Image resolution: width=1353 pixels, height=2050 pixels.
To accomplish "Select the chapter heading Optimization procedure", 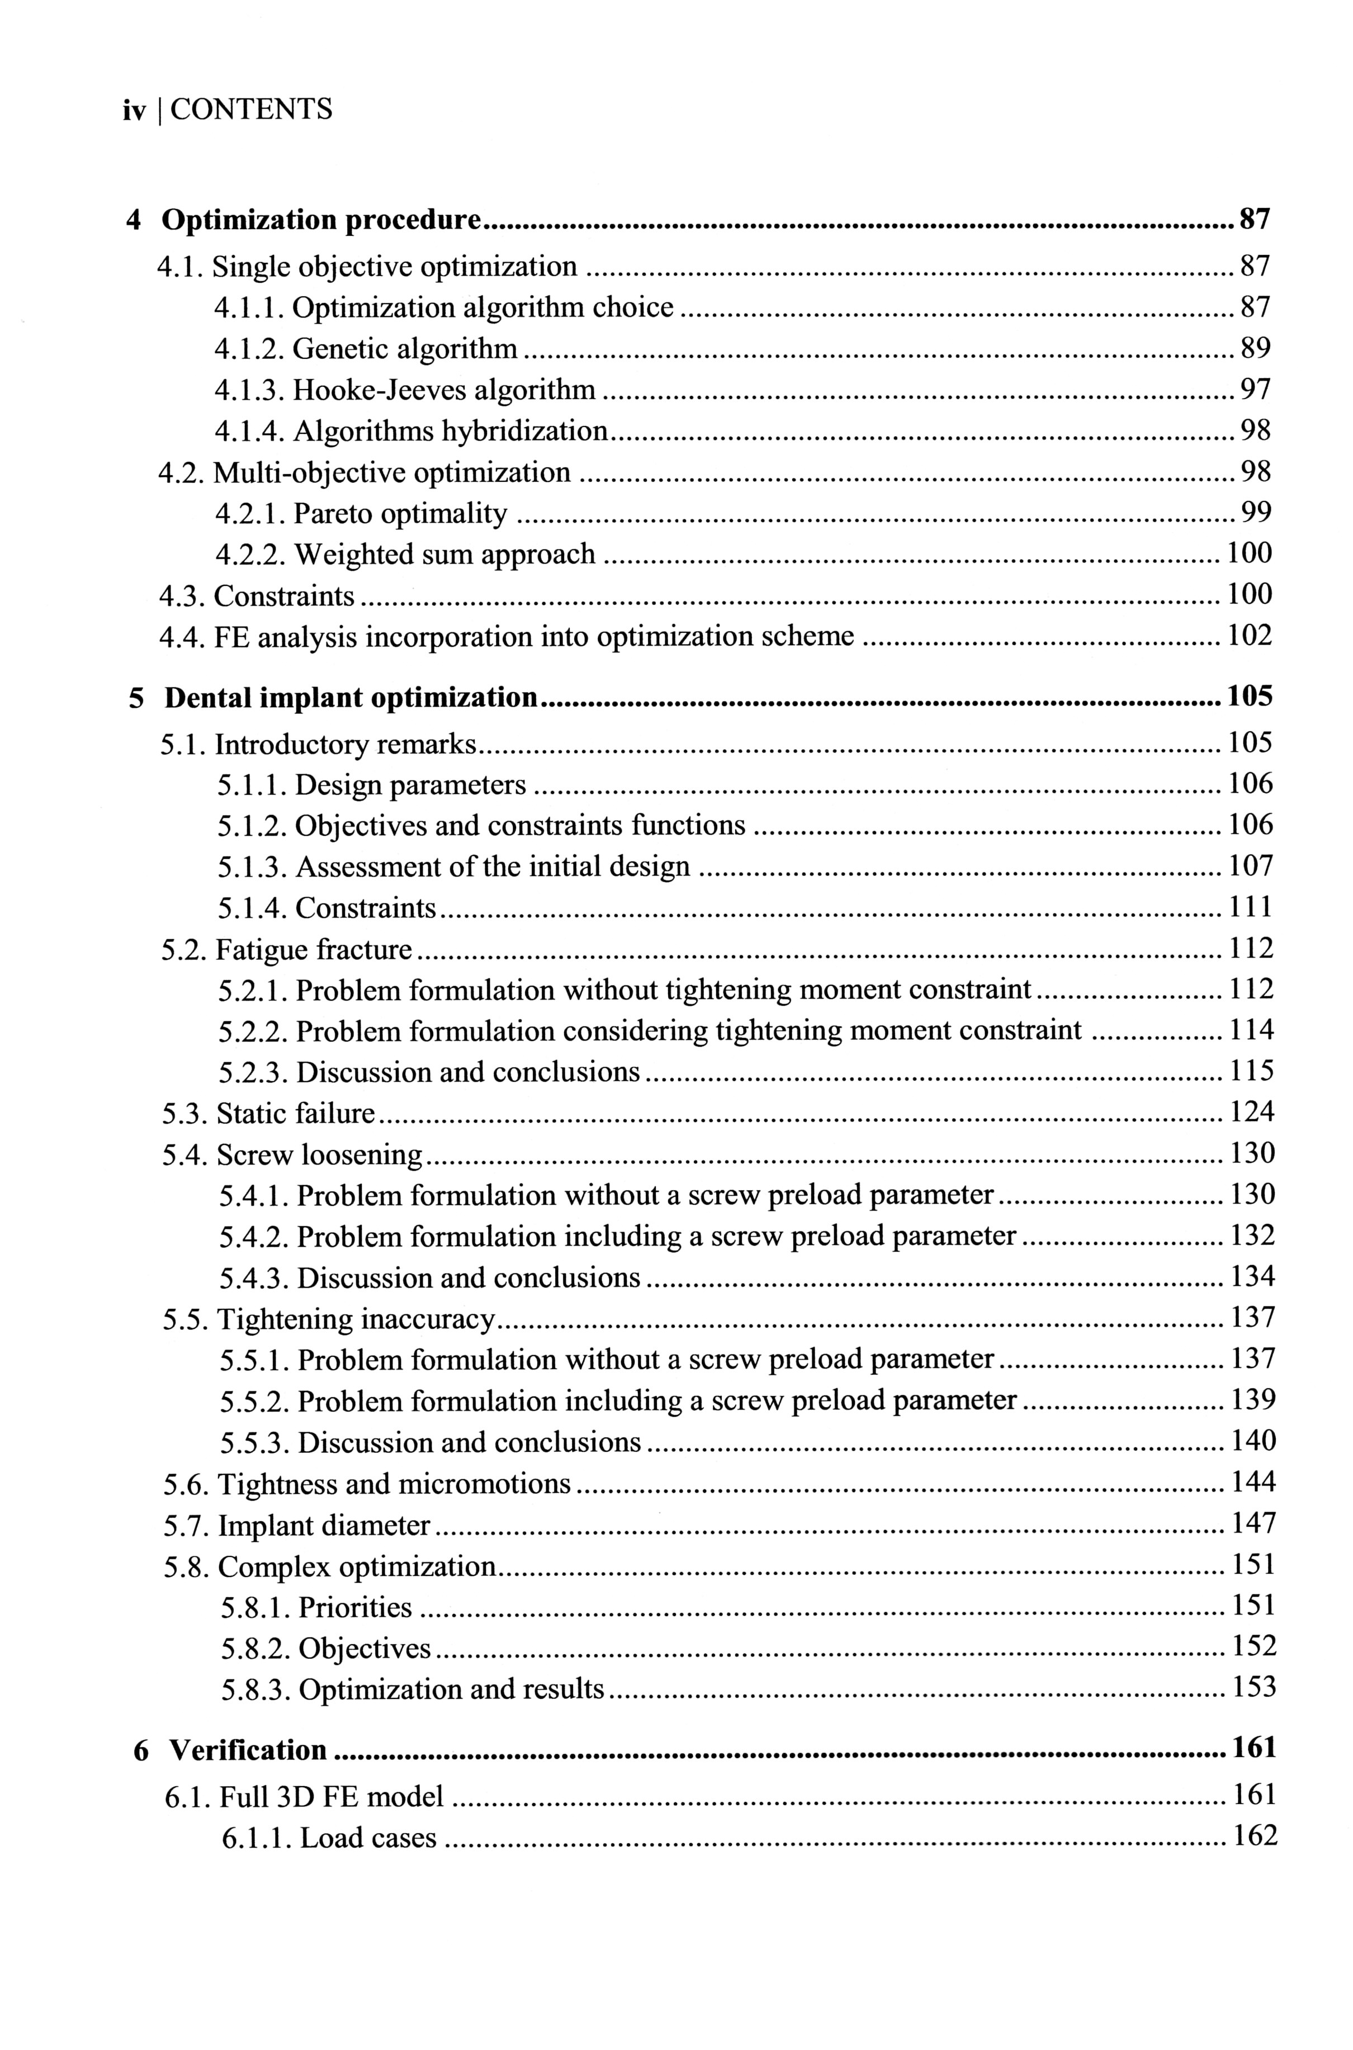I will click(321, 221).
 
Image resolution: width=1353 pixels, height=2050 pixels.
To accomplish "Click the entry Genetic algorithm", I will click(405, 349).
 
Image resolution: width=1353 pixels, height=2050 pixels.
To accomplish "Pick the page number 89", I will click(1256, 349).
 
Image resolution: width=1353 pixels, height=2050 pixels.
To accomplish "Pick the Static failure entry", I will click(295, 1114).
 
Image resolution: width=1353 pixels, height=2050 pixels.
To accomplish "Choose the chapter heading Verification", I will click(248, 1750).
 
